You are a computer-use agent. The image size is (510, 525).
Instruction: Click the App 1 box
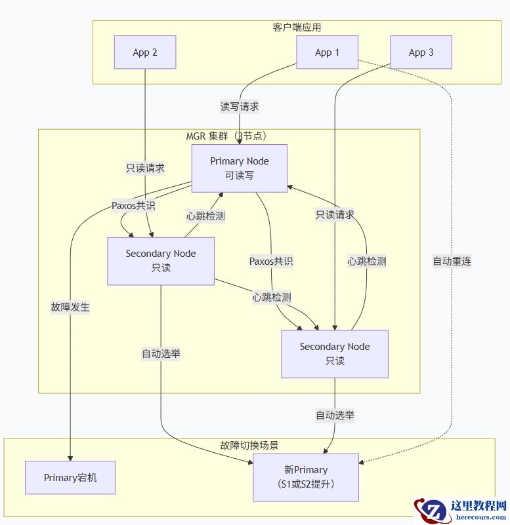[327, 52]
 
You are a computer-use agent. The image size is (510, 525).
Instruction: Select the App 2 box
[145, 52]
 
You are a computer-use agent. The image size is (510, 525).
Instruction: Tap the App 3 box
[421, 52]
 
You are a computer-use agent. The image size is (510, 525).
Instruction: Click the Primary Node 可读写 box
[239, 168]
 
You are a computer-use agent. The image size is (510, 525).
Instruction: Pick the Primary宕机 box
[70, 478]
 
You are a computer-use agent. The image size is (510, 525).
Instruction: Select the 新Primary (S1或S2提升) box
[306, 477]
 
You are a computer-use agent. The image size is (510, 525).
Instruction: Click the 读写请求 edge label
[240, 106]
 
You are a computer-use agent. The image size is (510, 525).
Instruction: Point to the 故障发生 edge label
[70, 307]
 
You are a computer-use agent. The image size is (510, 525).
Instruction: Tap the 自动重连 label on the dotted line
[452, 261]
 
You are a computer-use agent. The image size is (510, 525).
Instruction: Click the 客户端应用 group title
[297, 28]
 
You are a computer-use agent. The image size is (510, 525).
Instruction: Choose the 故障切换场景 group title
[249, 445]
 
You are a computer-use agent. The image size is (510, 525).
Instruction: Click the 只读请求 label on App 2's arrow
[145, 168]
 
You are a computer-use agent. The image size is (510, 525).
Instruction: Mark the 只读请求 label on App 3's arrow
[335, 214]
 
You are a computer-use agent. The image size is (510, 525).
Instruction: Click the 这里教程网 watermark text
[478, 506]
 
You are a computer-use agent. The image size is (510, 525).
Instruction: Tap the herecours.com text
[478, 517]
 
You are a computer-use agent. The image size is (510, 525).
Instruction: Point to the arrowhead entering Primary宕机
[70, 457]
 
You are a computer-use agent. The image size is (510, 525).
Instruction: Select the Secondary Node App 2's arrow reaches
[161, 261]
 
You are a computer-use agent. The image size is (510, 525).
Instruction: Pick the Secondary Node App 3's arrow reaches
[335, 354]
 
